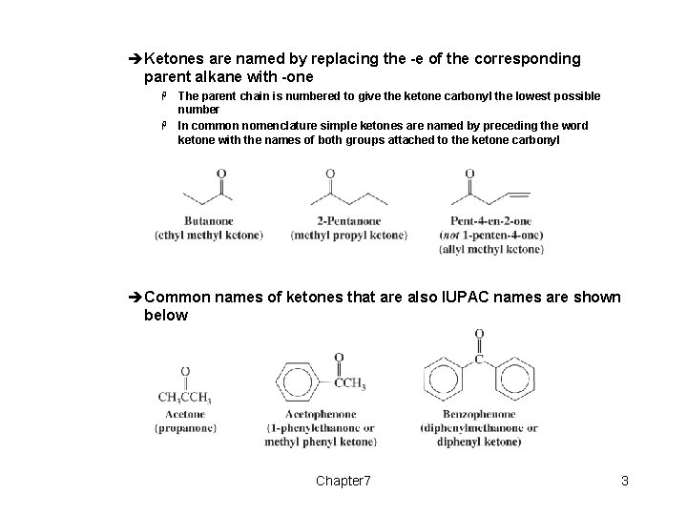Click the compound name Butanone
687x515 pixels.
(x=208, y=220)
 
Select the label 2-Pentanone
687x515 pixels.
(x=349, y=220)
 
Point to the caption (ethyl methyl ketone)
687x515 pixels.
(x=209, y=235)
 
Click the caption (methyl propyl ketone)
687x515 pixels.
(x=349, y=235)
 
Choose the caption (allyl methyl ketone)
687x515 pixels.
(x=491, y=249)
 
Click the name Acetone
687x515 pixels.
(x=184, y=415)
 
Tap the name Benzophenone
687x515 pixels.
(x=479, y=415)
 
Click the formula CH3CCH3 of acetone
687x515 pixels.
(x=185, y=398)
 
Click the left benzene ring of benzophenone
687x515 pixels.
(x=445, y=380)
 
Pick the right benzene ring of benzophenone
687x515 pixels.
(x=514, y=380)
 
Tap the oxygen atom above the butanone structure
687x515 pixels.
(x=220, y=175)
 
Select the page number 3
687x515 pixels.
(x=624, y=481)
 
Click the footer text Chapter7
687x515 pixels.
(x=343, y=481)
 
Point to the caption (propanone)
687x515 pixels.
(x=185, y=428)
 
